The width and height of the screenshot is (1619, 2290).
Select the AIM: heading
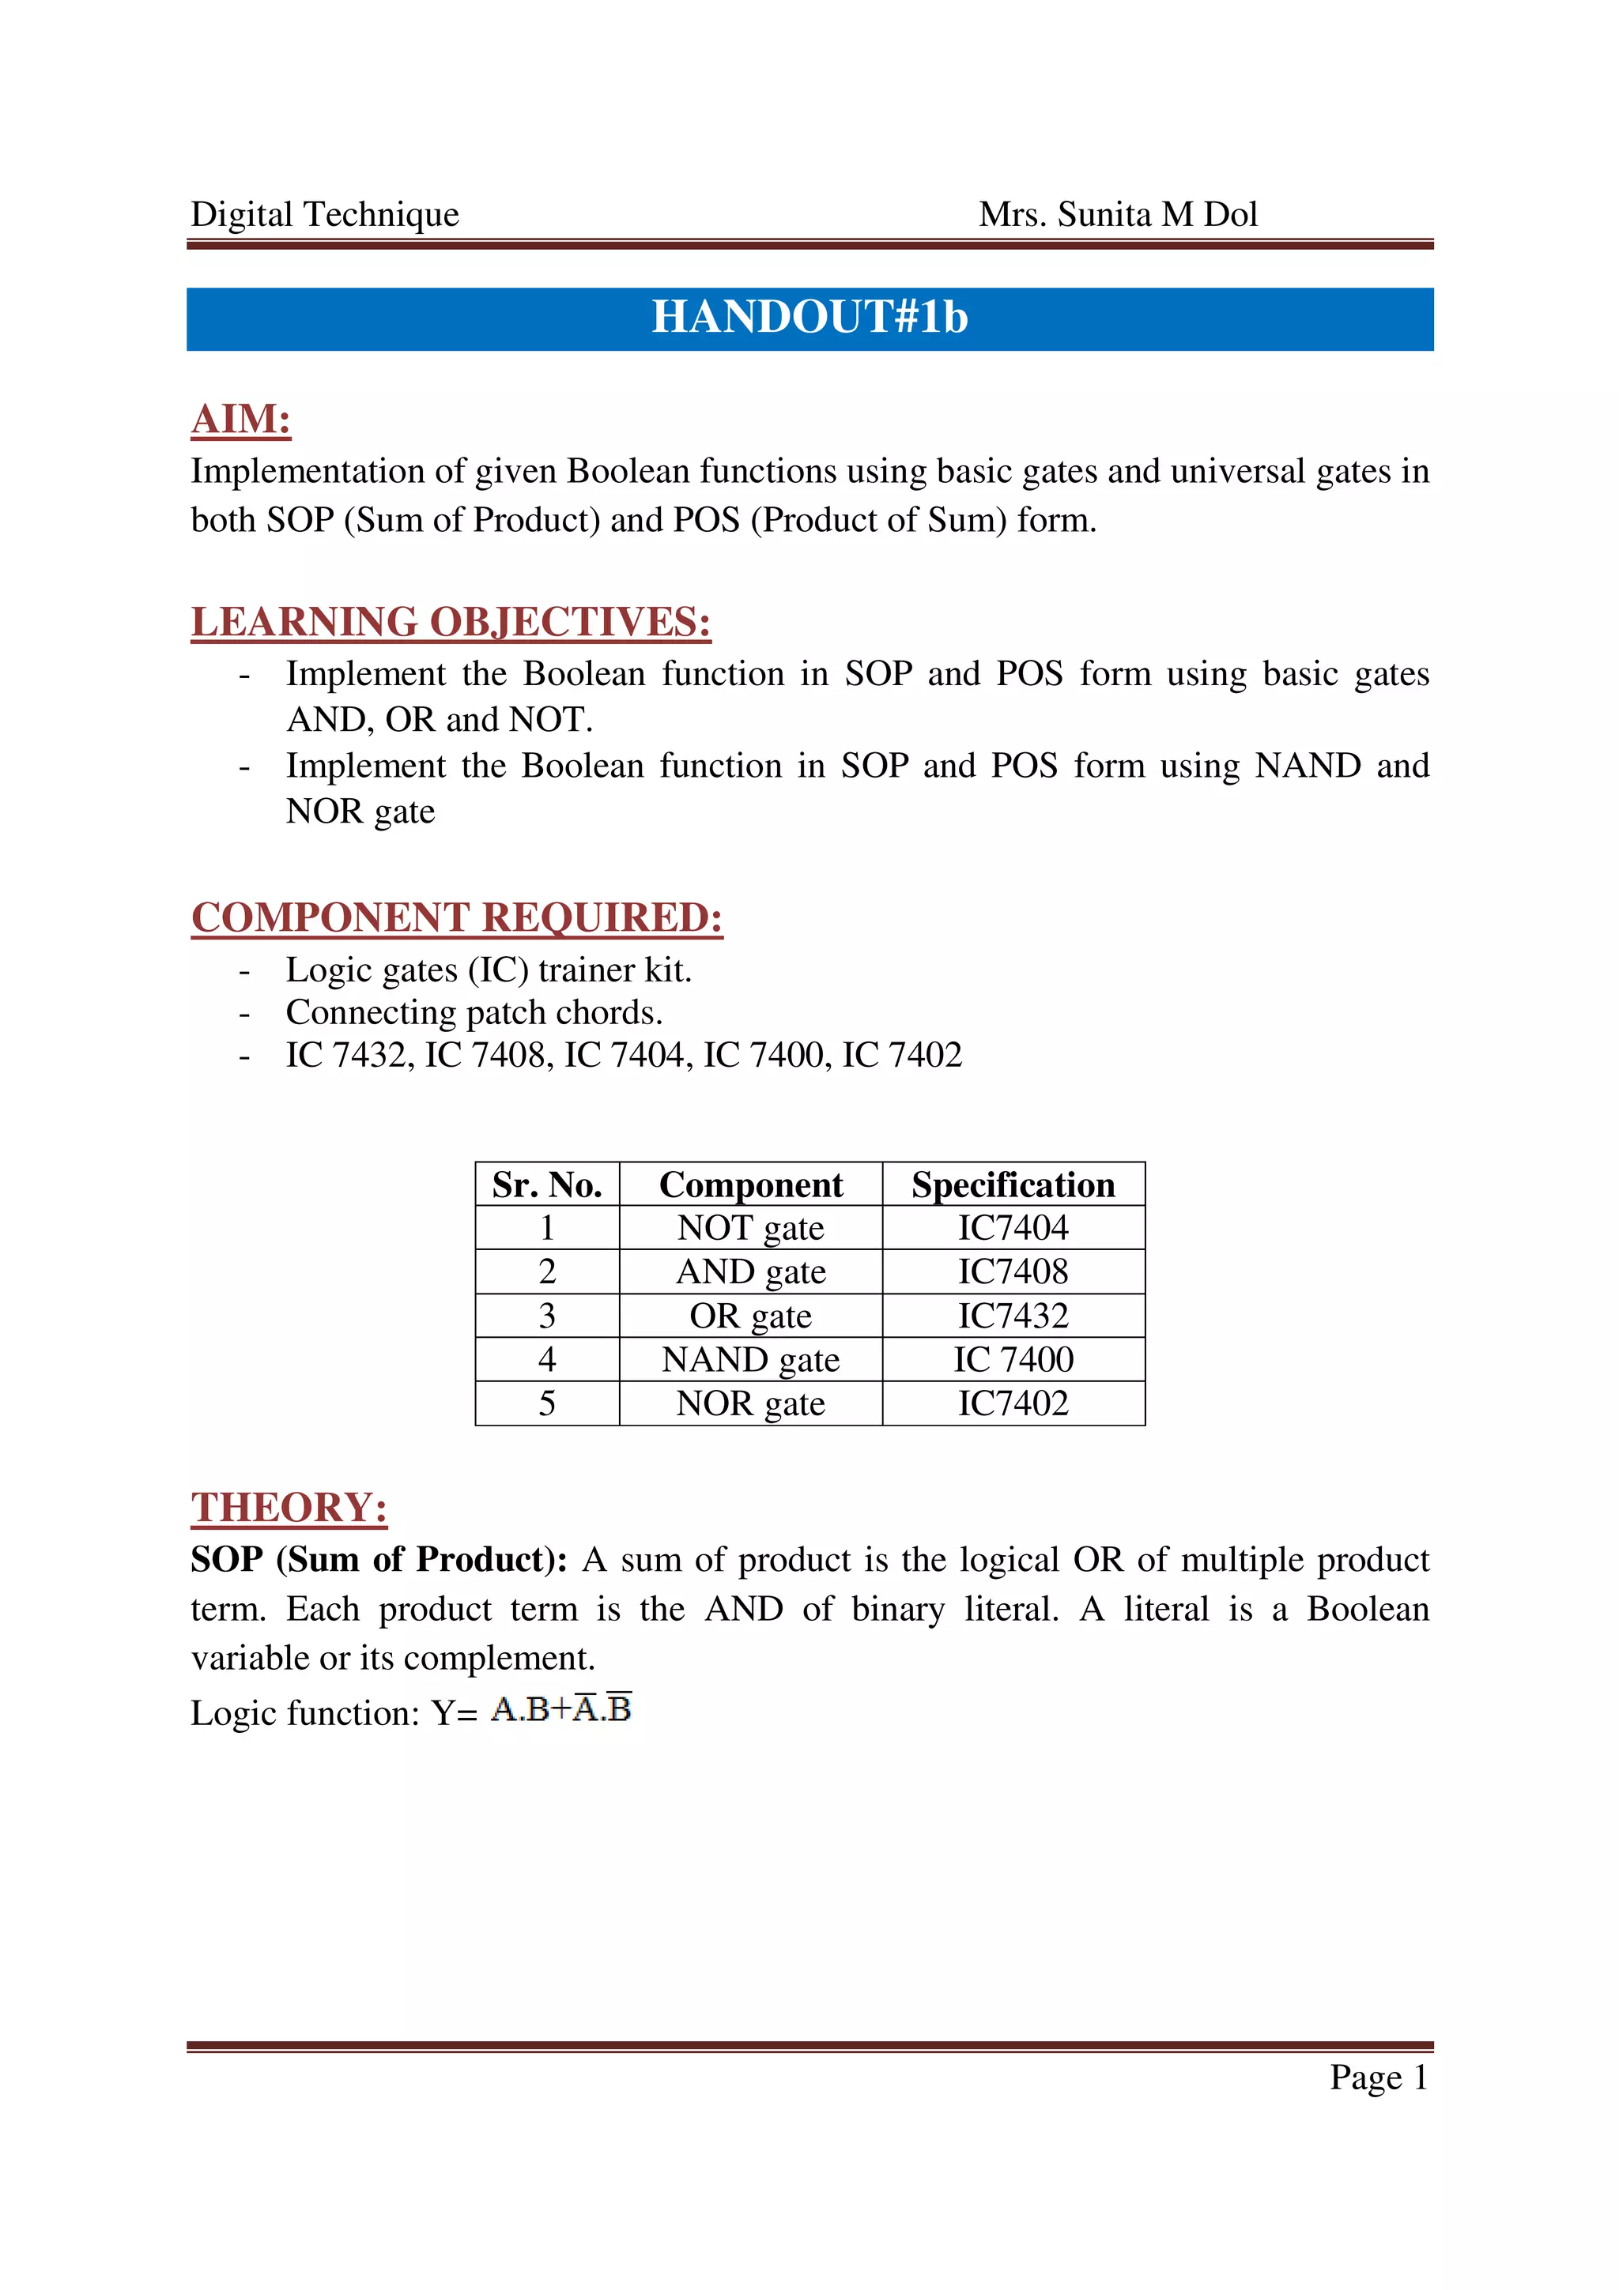[x=240, y=419]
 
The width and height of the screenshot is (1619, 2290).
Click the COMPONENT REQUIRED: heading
[x=457, y=917]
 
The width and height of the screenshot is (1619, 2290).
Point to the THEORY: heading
[x=289, y=1508]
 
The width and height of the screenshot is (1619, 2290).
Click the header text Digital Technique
[x=324, y=214]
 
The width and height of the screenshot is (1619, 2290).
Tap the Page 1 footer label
[x=1379, y=2077]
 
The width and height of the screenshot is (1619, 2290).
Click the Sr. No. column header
[x=546, y=1185]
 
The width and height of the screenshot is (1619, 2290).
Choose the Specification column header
[x=1013, y=1185]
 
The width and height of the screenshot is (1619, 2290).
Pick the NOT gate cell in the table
[x=750, y=1228]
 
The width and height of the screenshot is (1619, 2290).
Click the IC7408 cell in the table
[x=1013, y=1271]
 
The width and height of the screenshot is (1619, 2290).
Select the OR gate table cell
[x=750, y=1316]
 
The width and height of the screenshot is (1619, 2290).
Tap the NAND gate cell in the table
[x=750, y=1359]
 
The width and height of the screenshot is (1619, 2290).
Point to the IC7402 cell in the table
[x=1013, y=1403]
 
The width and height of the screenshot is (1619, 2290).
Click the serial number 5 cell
[x=546, y=1403]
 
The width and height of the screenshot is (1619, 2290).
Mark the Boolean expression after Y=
[x=561, y=1709]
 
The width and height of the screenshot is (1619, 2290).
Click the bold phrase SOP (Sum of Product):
[x=379, y=1559]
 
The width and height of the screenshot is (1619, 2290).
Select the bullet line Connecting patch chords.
[x=474, y=1012]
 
